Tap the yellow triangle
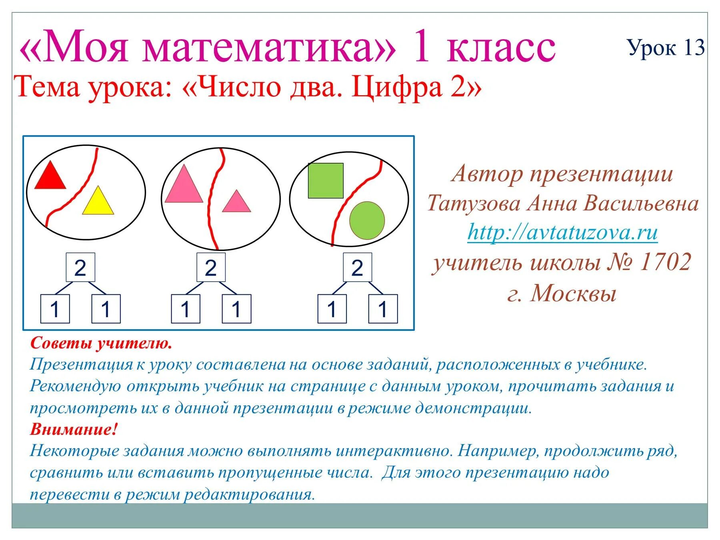(98, 203)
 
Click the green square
(326, 180)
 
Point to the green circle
(367, 220)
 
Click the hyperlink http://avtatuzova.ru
(562, 232)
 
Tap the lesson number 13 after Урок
(694, 48)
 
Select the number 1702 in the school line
(666, 262)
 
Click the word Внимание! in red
(74, 430)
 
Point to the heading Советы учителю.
(101, 343)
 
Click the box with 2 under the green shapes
(357, 267)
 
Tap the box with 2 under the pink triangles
(211, 267)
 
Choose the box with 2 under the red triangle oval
(80, 267)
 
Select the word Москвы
(573, 293)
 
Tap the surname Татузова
(474, 203)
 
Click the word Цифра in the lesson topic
(398, 87)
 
